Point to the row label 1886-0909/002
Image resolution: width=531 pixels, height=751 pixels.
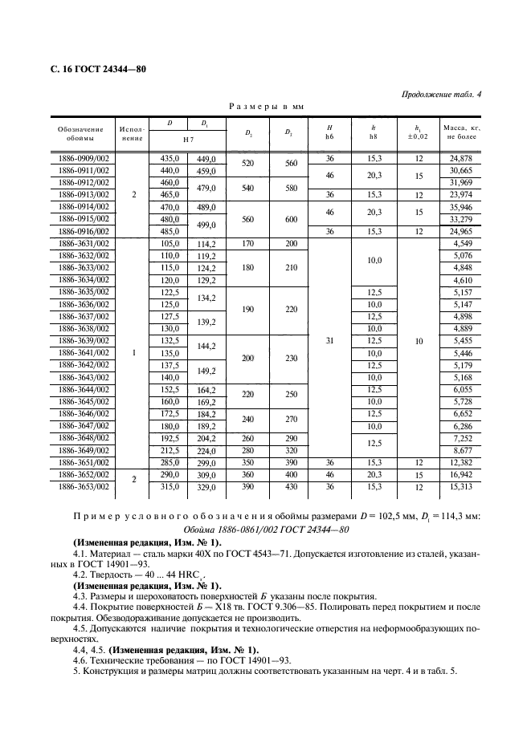84,159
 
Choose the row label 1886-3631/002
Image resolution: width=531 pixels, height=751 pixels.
84,243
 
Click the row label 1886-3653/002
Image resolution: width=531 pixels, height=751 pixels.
84,485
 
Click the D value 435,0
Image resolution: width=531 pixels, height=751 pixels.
169,159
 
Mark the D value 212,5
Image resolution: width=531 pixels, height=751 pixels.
169,450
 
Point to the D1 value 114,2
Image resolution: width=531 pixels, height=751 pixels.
207,243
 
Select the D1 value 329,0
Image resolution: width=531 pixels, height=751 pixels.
207,485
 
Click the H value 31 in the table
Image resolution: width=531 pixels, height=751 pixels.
330,341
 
